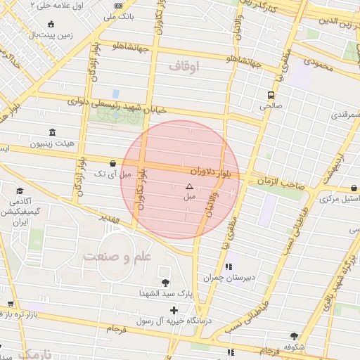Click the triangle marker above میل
pyautogui.click(x=188, y=186)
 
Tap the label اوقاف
pyautogui.click(x=185, y=66)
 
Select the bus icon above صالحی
pyautogui.click(x=271, y=95)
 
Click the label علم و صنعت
pyautogui.click(x=117, y=257)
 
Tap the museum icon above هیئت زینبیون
pyautogui.click(x=53, y=132)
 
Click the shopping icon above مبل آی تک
pyautogui.click(x=113, y=163)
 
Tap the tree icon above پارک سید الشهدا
pyautogui.click(x=165, y=283)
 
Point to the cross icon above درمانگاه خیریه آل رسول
pyautogui.click(x=174, y=310)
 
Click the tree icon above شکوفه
pyautogui.click(x=294, y=337)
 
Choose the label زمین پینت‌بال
pyautogui.click(x=53, y=34)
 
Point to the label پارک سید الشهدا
pyautogui.click(x=164, y=293)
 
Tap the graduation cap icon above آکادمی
pyautogui.click(x=20, y=191)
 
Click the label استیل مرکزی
pyautogui.click(x=339, y=199)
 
